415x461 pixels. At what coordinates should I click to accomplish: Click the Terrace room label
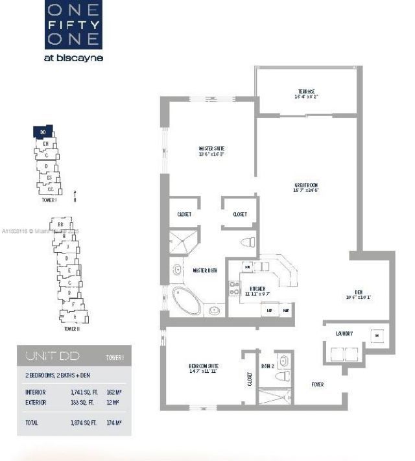(307, 91)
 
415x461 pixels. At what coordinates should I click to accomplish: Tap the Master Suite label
(211, 148)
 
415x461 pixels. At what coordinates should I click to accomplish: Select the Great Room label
(306, 185)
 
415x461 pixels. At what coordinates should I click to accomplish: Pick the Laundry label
(344, 333)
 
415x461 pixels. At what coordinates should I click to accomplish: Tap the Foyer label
(317, 384)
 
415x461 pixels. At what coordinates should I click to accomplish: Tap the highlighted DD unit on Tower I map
(42, 132)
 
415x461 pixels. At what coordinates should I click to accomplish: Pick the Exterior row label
(36, 402)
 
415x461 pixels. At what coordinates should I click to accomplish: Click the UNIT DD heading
(44, 356)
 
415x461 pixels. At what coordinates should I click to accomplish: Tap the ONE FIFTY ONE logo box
(74, 24)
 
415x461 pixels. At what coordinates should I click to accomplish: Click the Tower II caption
(71, 329)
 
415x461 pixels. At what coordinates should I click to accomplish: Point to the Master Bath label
(204, 270)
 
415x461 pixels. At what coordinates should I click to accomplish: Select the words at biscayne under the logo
(75, 57)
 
